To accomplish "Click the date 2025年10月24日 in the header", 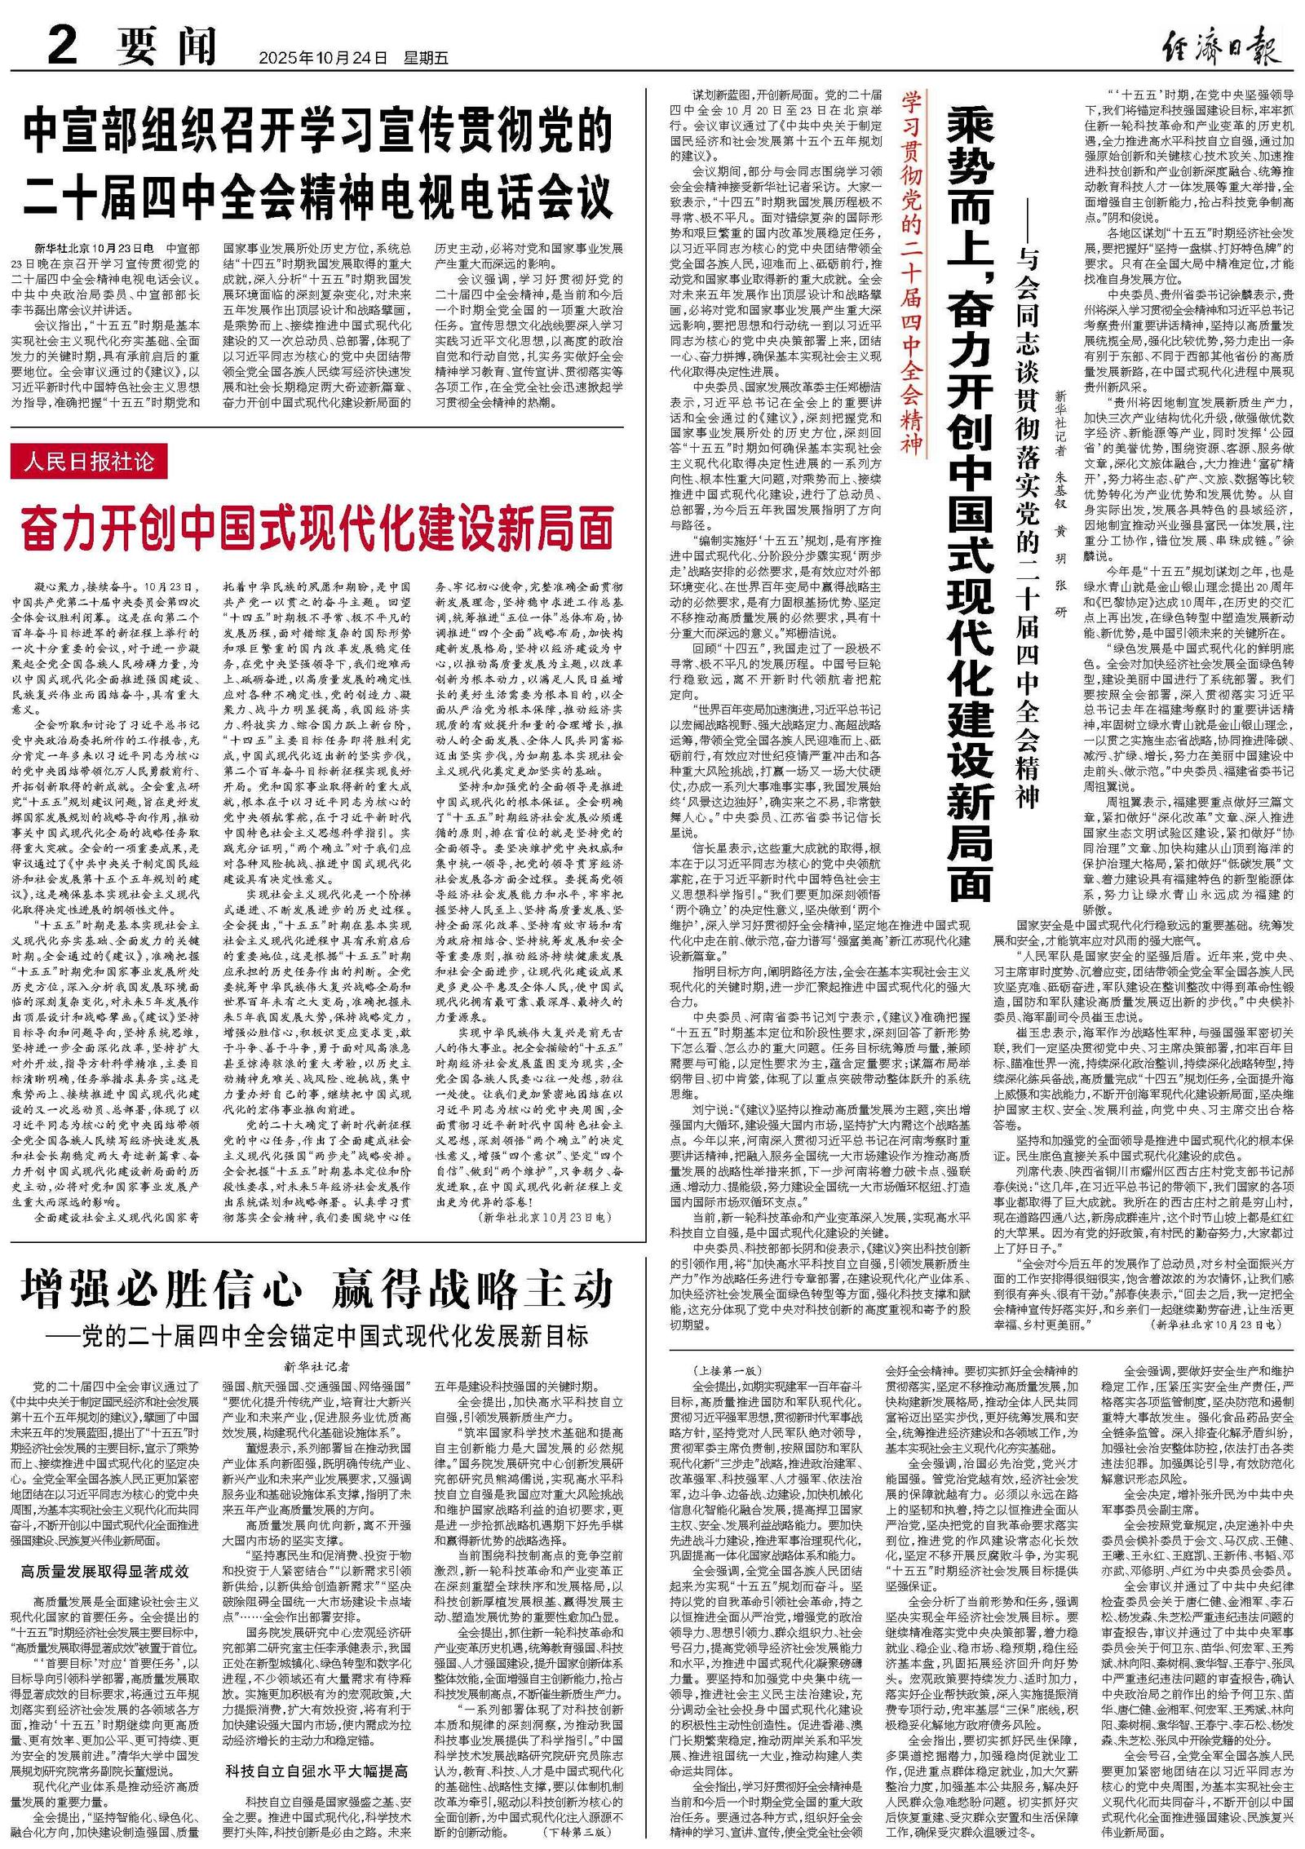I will [x=322, y=58].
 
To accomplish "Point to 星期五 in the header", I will [x=426, y=58].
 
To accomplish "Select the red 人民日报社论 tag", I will [x=89, y=462].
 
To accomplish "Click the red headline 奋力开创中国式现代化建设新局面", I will [x=318, y=528].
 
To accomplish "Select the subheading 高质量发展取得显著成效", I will [x=105, y=1571].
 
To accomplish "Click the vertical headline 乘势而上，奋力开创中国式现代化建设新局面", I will [x=970, y=506].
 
